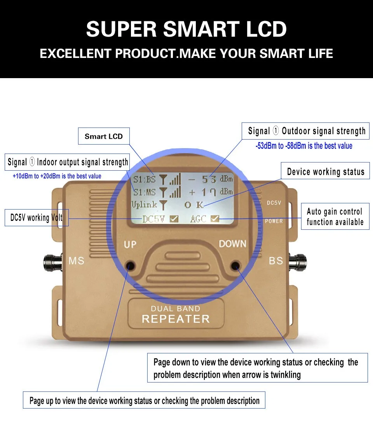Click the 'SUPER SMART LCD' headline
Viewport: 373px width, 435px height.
tap(186, 29)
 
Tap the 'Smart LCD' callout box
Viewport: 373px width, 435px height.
tap(104, 136)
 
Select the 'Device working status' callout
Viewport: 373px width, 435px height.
tap(325, 171)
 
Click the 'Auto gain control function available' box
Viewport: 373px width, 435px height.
tap(335, 217)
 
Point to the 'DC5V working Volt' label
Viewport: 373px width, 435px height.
tap(37, 218)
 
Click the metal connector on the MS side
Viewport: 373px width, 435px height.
tap(53, 262)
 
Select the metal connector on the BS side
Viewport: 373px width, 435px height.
tap(298, 262)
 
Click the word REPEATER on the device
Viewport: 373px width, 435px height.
tap(176, 319)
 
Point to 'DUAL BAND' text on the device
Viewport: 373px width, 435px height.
tap(176, 309)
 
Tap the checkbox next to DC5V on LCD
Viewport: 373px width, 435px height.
tap(174, 219)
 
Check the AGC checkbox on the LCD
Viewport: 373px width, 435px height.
tap(214, 219)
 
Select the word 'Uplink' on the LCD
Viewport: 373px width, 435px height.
tap(144, 205)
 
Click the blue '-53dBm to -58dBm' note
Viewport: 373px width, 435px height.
tap(304, 146)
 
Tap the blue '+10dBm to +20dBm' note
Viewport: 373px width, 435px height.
tap(57, 176)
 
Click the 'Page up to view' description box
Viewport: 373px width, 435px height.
tap(144, 400)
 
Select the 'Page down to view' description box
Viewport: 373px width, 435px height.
tap(257, 368)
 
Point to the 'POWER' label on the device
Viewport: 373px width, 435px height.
tap(274, 221)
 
